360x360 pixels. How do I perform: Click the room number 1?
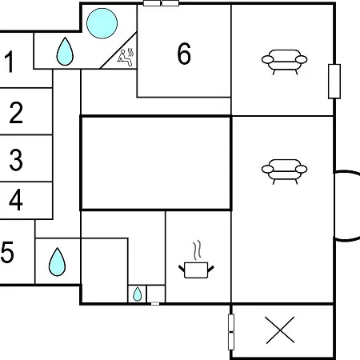tap(10, 62)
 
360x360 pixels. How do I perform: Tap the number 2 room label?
tap(16, 113)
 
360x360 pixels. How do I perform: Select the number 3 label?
tap(16, 159)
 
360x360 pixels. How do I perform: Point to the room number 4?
tap(16, 199)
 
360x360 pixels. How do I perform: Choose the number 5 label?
tap(7, 252)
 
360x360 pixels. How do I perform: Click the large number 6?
tap(184, 54)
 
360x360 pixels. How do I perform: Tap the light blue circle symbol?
tap(102, 23)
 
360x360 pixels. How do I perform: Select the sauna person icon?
tap(126, 58)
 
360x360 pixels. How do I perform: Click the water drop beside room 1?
tap(65, 51)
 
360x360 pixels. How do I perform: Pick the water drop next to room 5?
tap(57, 262)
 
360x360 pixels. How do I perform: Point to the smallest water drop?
tap(137, 294)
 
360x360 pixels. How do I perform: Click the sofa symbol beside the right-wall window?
tap(284, 62)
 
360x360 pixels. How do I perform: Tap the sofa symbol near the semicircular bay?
tap(284, 172)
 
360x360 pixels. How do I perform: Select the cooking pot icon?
tap(196, 270)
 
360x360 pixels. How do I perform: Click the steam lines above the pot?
tap(197, 250)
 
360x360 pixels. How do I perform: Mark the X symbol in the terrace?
tap(280, 330)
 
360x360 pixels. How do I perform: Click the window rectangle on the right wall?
tap(334, 82)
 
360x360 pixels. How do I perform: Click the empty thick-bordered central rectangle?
tap(156, 163)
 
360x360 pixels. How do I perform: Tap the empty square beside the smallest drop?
tap(156, 294)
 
